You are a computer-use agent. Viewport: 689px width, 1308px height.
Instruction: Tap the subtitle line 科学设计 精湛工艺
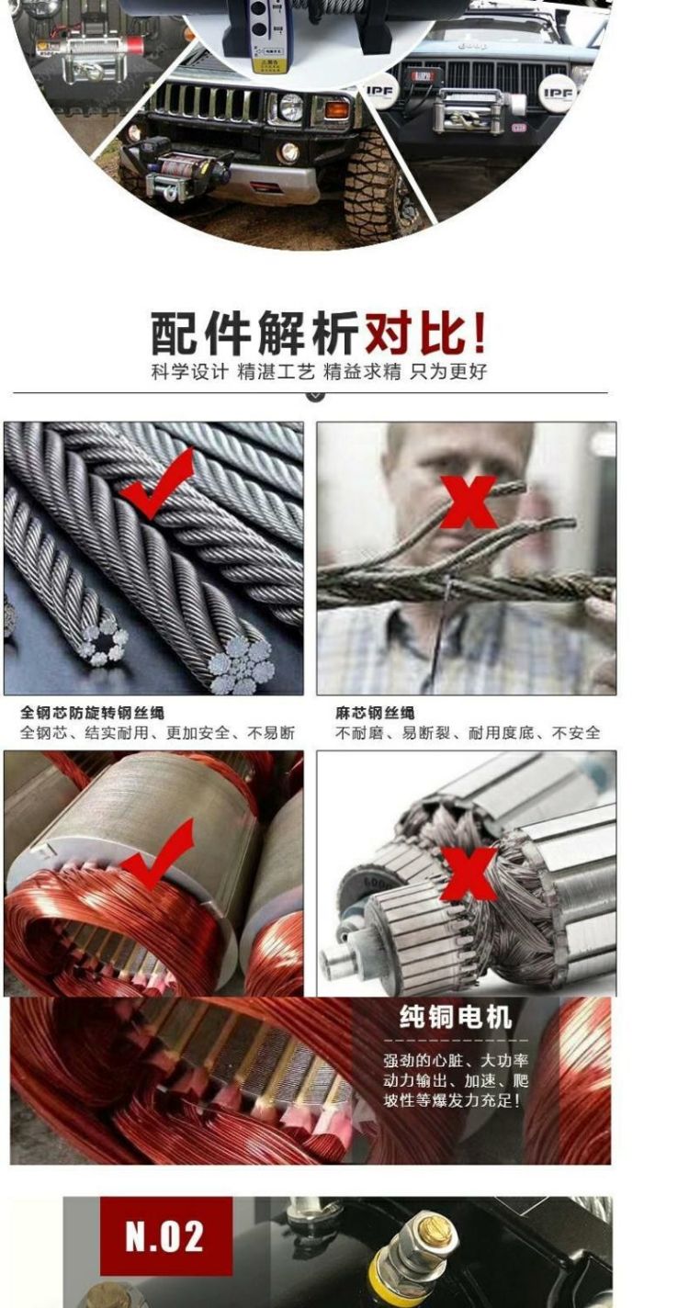233,371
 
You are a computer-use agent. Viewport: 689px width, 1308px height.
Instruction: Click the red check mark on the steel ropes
156,483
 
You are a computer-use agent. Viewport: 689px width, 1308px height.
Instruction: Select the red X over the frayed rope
468,502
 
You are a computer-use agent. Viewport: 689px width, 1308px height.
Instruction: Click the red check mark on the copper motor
157,854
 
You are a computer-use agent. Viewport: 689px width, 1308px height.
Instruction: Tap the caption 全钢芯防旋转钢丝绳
92,713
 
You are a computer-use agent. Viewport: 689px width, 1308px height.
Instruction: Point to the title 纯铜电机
456,1017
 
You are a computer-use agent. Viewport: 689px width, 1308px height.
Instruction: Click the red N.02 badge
166,1235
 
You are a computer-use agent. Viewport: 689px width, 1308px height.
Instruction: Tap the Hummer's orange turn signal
337,109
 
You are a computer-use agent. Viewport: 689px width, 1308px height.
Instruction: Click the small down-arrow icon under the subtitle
316,397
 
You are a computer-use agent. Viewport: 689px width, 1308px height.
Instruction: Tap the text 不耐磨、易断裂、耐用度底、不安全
468,732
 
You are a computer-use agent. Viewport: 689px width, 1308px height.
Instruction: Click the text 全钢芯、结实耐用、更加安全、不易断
158,732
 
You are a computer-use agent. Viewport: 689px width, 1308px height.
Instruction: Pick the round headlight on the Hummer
291,107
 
